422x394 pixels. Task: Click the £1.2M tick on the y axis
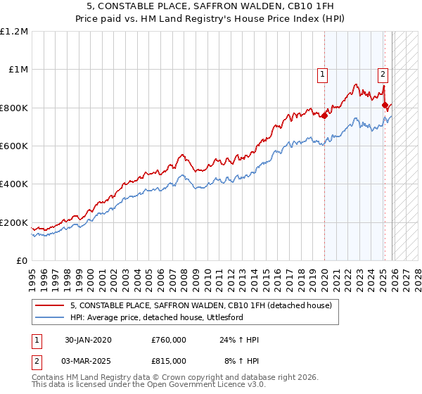pyautogui.click(x=14, y=31)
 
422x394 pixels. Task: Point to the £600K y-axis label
pyautogui.click(x=14, y=146)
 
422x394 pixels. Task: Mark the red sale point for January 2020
pyautogui.click(x=324, y=116)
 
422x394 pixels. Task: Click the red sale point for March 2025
pyautogui.click(x=385, y=106)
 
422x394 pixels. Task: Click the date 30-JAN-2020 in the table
pyautogui.click(x=88, y=341)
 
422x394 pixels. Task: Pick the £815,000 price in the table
pyautogui.click(x=169, y=360)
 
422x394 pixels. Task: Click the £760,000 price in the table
pyautogui.click(x=169, y=341)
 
